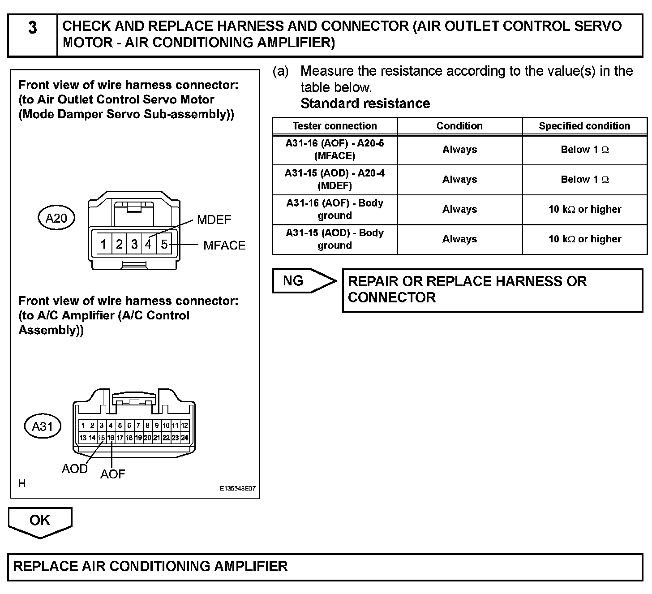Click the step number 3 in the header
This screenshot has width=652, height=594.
click(33, 28)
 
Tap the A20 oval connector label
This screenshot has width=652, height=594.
click(56, 218)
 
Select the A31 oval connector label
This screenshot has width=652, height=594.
click(43, 426)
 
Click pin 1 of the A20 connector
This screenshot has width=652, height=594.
click(103, 244)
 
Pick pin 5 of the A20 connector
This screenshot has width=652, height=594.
click(164, 244)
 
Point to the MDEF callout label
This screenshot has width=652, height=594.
click(214, 220)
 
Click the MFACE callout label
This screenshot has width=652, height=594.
click(224, 245)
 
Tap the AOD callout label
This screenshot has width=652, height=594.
click(74, 469)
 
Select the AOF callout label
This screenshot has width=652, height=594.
click(112, 474)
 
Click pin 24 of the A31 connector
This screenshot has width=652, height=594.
click(184, 438)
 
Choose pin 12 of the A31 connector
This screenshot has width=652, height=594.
click(184, 425)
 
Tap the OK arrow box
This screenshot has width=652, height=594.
click(40, 521)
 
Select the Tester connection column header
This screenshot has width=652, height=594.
click(335, 126)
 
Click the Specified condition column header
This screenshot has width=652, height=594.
click(584, 126)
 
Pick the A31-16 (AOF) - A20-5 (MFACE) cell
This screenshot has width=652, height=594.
click(335, 150)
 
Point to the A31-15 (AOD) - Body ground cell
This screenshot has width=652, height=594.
click(335, 239)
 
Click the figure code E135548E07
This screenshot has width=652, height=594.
click(237, 489)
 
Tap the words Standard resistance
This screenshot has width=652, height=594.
click(365, 103)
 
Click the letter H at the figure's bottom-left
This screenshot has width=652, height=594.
click(22, 483)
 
